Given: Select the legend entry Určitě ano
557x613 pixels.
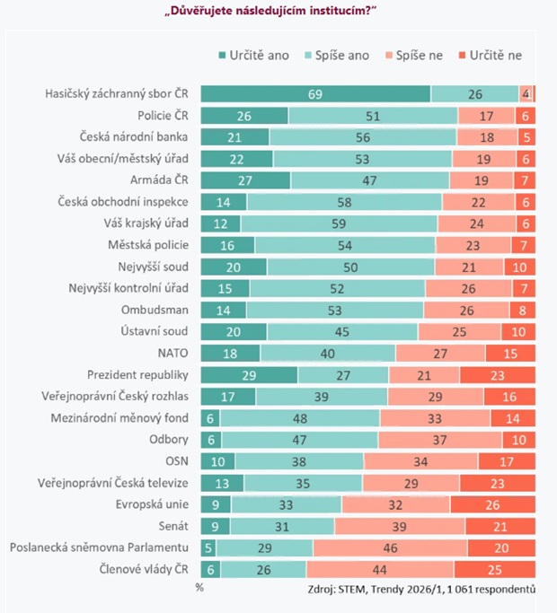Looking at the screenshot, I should (253, 55).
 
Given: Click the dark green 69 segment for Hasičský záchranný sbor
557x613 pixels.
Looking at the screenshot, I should (315, 94).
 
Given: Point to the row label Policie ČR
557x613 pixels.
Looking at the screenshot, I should (163, 116).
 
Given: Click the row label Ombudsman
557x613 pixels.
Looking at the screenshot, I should (161, 310).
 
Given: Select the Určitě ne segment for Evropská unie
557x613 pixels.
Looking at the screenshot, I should (493, 504).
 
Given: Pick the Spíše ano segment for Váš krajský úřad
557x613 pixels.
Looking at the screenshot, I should (339, 223).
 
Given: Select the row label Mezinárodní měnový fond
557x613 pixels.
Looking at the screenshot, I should (126, 417).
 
